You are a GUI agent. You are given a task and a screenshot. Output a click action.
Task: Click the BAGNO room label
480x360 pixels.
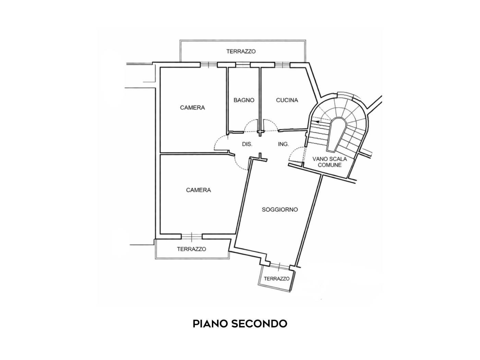244,100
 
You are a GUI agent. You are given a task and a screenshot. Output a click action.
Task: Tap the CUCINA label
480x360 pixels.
287,100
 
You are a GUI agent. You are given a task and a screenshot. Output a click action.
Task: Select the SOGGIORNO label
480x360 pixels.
280,209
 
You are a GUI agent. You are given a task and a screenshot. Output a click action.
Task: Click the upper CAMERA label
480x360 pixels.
192,108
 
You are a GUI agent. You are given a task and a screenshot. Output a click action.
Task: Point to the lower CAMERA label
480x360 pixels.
198,190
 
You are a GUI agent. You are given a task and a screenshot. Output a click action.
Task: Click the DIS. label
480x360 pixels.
247,144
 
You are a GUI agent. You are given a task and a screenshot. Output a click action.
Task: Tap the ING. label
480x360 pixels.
284,144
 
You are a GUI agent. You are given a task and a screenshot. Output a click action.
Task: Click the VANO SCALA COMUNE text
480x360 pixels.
329,162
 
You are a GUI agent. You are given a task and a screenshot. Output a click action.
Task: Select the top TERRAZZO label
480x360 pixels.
241,51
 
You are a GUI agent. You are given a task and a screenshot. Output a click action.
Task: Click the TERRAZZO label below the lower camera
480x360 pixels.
192,249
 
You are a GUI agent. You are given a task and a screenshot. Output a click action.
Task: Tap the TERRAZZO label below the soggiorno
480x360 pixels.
277,279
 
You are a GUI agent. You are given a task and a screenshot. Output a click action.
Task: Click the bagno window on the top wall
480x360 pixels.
243,65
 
